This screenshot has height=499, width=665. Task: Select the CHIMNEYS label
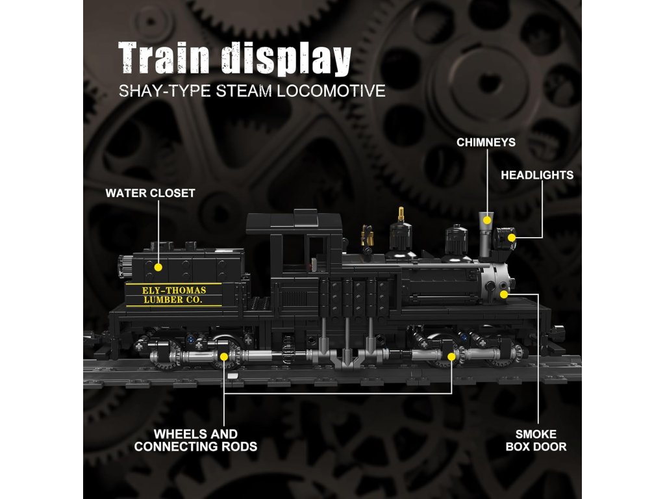click(486, 142)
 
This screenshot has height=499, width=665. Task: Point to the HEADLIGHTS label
click(537, 175)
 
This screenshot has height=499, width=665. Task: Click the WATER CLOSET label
click(150, 193)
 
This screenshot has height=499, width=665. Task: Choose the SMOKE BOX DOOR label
click(536, 440)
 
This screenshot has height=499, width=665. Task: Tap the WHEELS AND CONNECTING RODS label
click(195, 440)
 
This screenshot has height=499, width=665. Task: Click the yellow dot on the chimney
click(486, 221)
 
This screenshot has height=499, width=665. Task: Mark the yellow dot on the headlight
click(512, 238)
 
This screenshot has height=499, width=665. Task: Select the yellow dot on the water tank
click(158, 266)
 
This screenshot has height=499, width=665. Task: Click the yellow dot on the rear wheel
click(224, 356)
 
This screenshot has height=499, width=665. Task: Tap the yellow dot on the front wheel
click(451, 356)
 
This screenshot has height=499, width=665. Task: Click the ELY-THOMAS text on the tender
click(165, 290)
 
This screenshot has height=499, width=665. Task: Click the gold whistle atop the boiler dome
click(401, 215)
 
